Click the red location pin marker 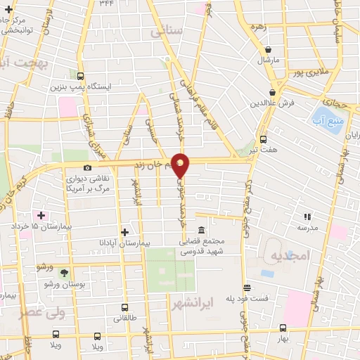(181, 164)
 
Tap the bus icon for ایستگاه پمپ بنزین (81, 77)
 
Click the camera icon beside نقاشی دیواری (87, 167)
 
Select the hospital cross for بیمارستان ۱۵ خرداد (41, 215)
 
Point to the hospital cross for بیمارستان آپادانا (125, 231)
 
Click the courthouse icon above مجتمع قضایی (202, 230)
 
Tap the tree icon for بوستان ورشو (65, 272)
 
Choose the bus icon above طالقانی (125, 307)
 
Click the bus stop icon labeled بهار (283, 328)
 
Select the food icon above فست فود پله (247, 288)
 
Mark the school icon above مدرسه (307, 217)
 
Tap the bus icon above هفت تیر (264, 139)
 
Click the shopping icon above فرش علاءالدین (271, 92)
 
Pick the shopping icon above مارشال (269, 49)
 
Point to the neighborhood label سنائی (167, 32)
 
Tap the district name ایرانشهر (192, 302)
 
